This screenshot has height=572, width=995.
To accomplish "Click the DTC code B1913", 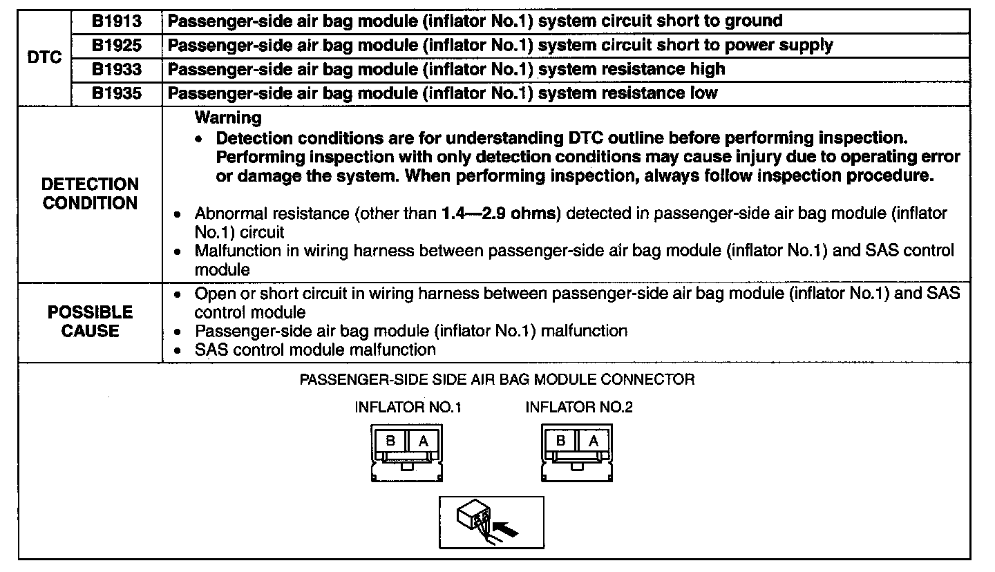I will point(116,21).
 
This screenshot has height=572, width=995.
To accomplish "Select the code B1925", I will point(116,46).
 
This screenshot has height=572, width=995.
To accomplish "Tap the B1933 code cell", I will point(116,69).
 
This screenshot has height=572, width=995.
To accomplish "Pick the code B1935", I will point(116,93).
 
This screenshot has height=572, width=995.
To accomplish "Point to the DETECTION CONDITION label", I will point(90,194).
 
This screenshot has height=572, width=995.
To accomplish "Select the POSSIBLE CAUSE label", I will point(90,322).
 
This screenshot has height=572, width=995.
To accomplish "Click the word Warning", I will point(228,117).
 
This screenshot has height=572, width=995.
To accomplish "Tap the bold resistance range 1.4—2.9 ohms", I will point(499,213).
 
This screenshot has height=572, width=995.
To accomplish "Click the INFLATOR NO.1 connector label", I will point(408,408).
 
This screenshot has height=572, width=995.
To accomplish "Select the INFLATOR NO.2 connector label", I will point(579,408).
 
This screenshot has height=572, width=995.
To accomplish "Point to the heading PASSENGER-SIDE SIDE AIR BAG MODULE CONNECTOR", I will point(497,379).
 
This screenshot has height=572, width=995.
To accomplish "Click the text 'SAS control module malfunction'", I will point(315,350).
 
